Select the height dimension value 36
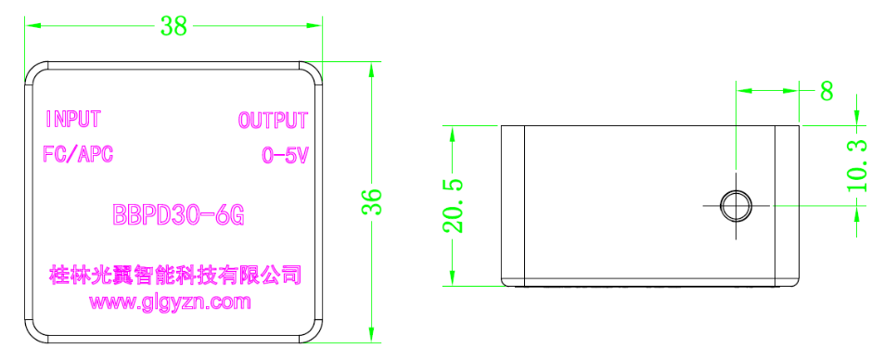370,202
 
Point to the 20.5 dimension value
453,207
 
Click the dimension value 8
826,91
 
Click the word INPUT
73,120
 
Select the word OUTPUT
273,121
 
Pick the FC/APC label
78,155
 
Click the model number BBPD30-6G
177,216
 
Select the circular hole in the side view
736,205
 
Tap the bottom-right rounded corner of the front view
312,334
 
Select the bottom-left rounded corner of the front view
32,334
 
